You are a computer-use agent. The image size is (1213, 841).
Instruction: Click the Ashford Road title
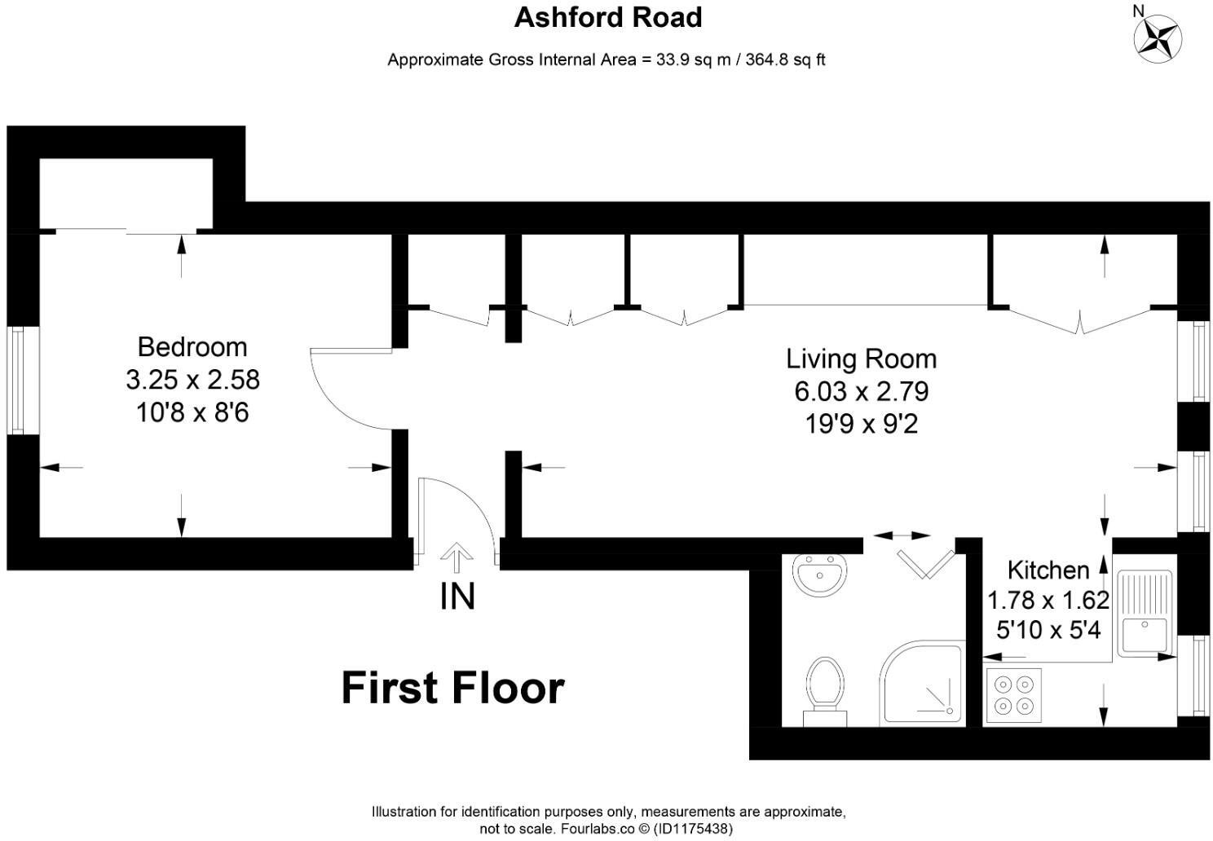(607, 17)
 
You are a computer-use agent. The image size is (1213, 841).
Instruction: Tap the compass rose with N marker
(1158, 37)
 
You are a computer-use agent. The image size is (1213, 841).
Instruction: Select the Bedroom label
(192, 347)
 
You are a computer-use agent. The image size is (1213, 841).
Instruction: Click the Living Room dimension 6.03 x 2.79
(861, 392)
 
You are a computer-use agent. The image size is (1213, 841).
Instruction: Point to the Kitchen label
(1048, 570)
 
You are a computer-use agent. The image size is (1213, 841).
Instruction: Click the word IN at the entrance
(457, 597)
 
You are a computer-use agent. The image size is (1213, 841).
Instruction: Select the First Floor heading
(452, 688)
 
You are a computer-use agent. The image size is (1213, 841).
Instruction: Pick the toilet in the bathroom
(825, 689)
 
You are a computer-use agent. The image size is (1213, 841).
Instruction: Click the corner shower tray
(923, 683)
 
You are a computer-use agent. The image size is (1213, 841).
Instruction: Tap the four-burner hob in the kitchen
(1013, 695)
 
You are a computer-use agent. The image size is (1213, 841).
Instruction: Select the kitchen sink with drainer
(1145, 613)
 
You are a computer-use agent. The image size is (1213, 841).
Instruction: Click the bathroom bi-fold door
(926, 563)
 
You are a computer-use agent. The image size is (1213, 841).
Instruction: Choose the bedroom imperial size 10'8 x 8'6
(192, 413)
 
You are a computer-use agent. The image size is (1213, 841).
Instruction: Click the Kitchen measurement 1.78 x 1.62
(1048, 601)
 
